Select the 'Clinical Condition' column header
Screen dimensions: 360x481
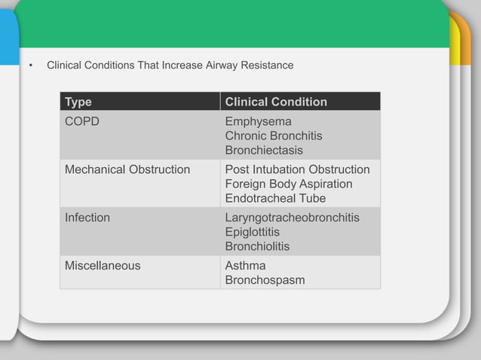(276, 102)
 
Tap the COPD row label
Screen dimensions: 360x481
(82, 121)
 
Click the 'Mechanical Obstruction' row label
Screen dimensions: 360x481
(127, 169)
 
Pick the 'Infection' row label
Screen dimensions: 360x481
(87, 218)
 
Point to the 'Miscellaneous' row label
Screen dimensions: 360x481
(103, 266)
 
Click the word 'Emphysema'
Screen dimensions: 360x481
(258, 121)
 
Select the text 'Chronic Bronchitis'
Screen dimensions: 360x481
(274, 136)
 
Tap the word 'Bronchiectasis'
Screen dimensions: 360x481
(264, 150)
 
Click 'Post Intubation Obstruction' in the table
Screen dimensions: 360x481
(297, 169)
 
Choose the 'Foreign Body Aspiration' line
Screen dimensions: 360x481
(289, 184)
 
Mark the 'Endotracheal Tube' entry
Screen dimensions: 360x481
(275, 198)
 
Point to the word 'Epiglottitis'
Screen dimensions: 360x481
(252, 232)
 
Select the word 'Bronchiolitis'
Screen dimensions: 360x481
(257, 246)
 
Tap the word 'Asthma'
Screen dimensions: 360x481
(245, 266)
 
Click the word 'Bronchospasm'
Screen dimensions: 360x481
(265, 280)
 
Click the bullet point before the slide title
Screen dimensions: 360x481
(31, 66)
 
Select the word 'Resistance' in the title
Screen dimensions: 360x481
(268, 66)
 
